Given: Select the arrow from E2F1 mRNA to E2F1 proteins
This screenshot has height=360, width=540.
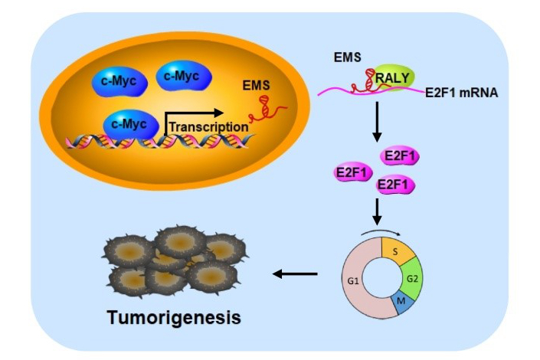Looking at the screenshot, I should coord(376,123).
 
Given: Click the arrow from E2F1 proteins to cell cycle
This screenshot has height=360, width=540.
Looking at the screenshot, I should coord(376,211).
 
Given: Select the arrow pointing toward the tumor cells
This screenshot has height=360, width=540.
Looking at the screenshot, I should coord(296,273).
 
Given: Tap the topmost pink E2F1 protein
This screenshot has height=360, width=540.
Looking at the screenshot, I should coord(400,156).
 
